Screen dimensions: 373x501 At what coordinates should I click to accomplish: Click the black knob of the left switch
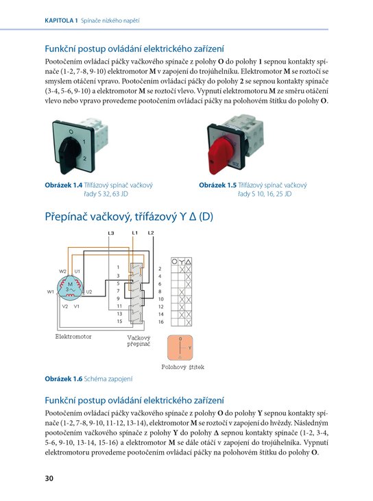pyautogui.click(x=68, y=152)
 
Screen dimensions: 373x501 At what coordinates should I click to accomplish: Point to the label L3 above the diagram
pyautogui.click(x=111, y=233)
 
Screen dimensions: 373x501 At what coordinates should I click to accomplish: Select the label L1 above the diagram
pyautogui.click(x=135, y=233)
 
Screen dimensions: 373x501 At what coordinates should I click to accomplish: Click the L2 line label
pyautogui.click(x=151, y=233)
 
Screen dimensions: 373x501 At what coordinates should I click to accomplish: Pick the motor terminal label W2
pyautogui.click(x=63, y=271)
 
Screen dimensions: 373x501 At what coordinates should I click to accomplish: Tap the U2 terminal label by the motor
pyautogui.click(x=88, y=292)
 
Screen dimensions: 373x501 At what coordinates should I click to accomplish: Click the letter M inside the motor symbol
pyautogui.click(x=70, y=284)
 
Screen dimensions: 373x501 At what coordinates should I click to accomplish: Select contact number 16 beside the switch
pyautogui.click(x=160, y=322)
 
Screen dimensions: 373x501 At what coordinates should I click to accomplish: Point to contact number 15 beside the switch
pyautogui.click(x=119, y=321)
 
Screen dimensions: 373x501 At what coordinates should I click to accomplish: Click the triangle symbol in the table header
pyautogui.click(x=189, y=261)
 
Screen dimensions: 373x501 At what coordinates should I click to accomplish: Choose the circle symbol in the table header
pyautogui.click(x=174, y=261)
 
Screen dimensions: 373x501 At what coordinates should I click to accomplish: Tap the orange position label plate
pyautogui.click(x=180, y=347)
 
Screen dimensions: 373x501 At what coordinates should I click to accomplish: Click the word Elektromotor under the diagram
pyautogui.click(x=73, y=337)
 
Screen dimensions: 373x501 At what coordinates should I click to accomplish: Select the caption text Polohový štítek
pyautogui.click(x=183, y=367)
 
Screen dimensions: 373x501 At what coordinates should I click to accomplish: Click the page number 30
pyautogui.click(x=49, y=478)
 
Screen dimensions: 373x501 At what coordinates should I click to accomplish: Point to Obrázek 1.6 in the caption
pyautogui.click(x=63, y=379)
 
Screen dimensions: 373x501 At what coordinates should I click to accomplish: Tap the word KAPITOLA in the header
pyautogui.click(x=59, y=21)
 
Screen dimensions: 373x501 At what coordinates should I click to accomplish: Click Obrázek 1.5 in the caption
pyautogui.click(x=218, y=185)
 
